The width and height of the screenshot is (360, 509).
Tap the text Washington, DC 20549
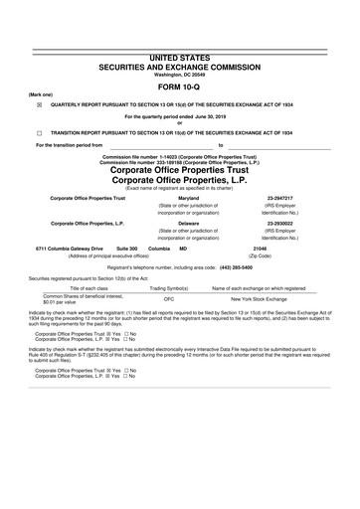(179, 48)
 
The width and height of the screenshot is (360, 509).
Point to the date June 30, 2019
(204, 116)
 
